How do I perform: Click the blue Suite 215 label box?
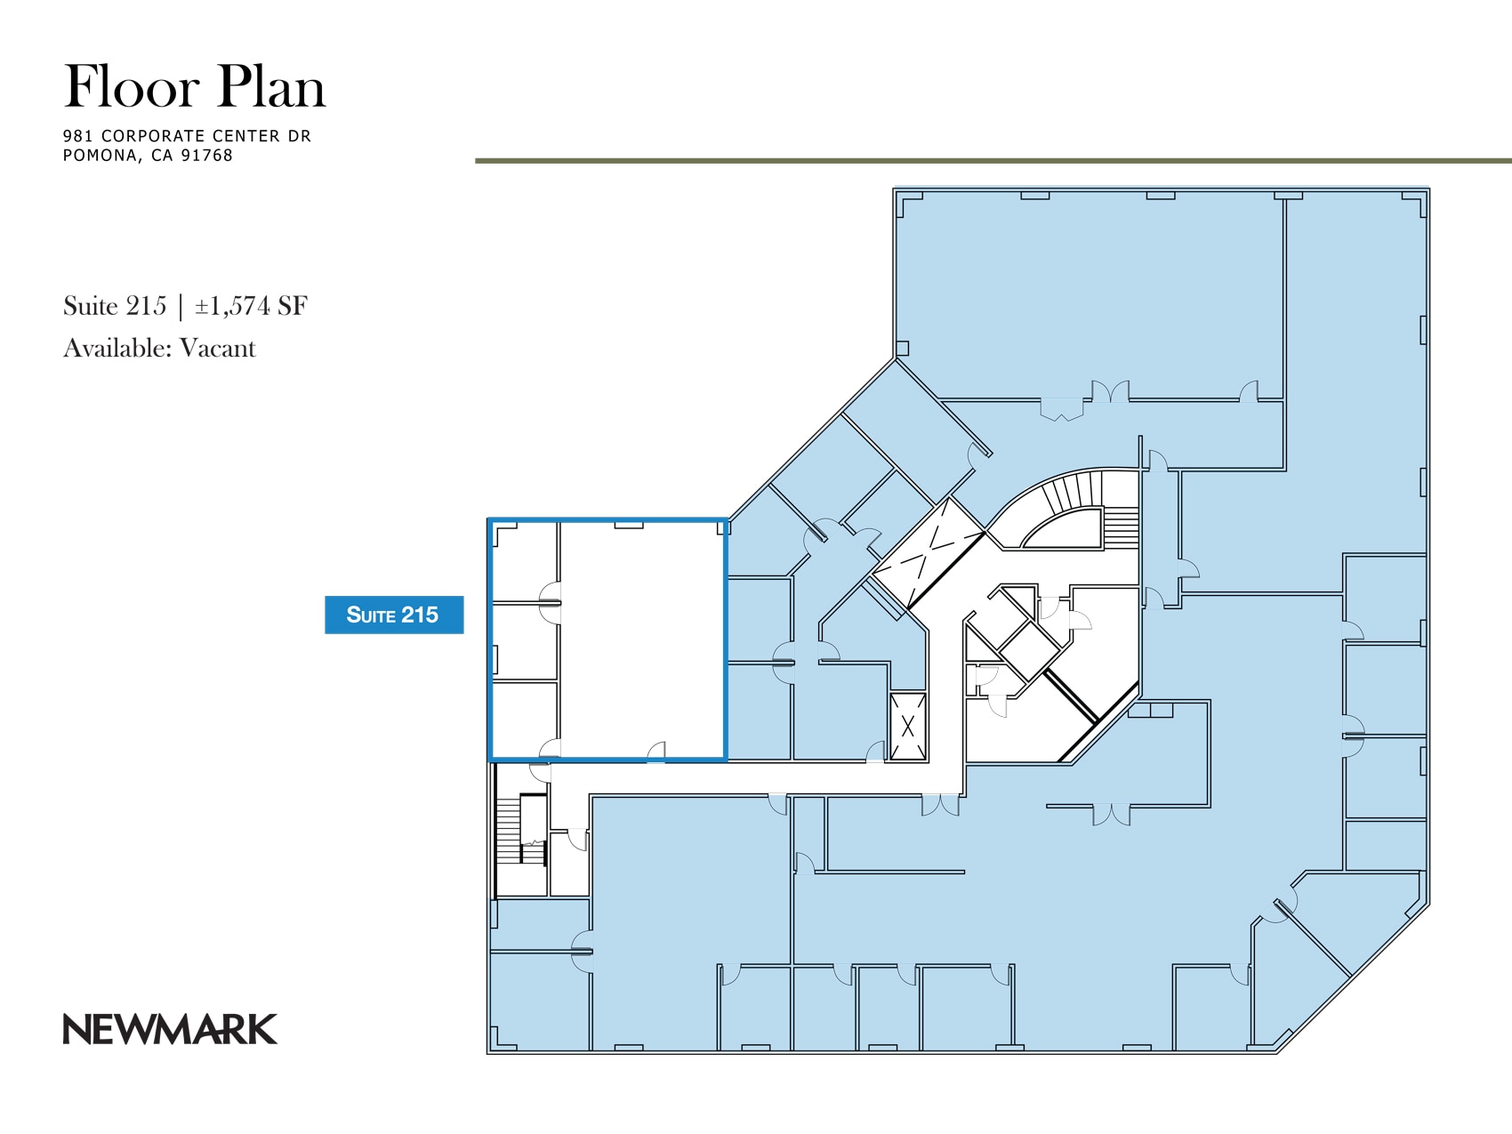pos(394,615)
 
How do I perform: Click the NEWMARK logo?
pos(170,1029)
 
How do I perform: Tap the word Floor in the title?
pos(132,87)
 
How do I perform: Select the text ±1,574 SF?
pos(251,306)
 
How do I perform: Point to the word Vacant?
pos(217,348)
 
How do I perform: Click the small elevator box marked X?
pos(908,727)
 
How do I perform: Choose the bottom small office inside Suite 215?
pos(525,719)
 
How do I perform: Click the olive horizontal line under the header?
pos(992,161)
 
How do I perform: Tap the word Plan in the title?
pos(271,87)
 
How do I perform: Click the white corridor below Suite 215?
pos(756,778)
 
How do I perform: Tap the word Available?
pos(117,348)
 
